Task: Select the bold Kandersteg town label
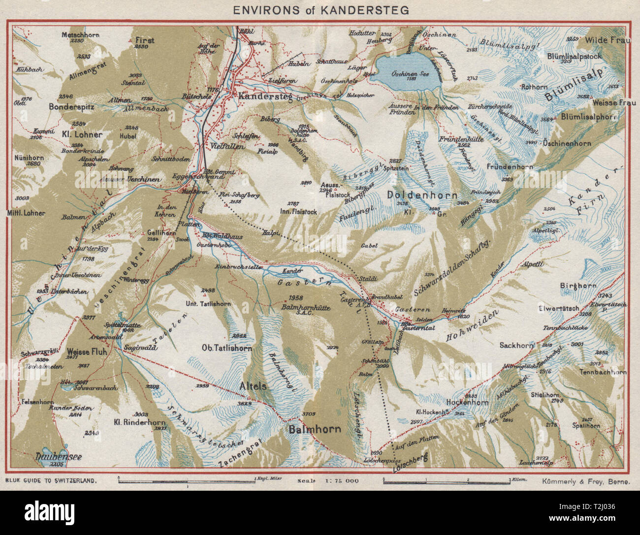point(266,97)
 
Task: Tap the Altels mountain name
point(253,387)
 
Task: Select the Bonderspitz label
point(72,106)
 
